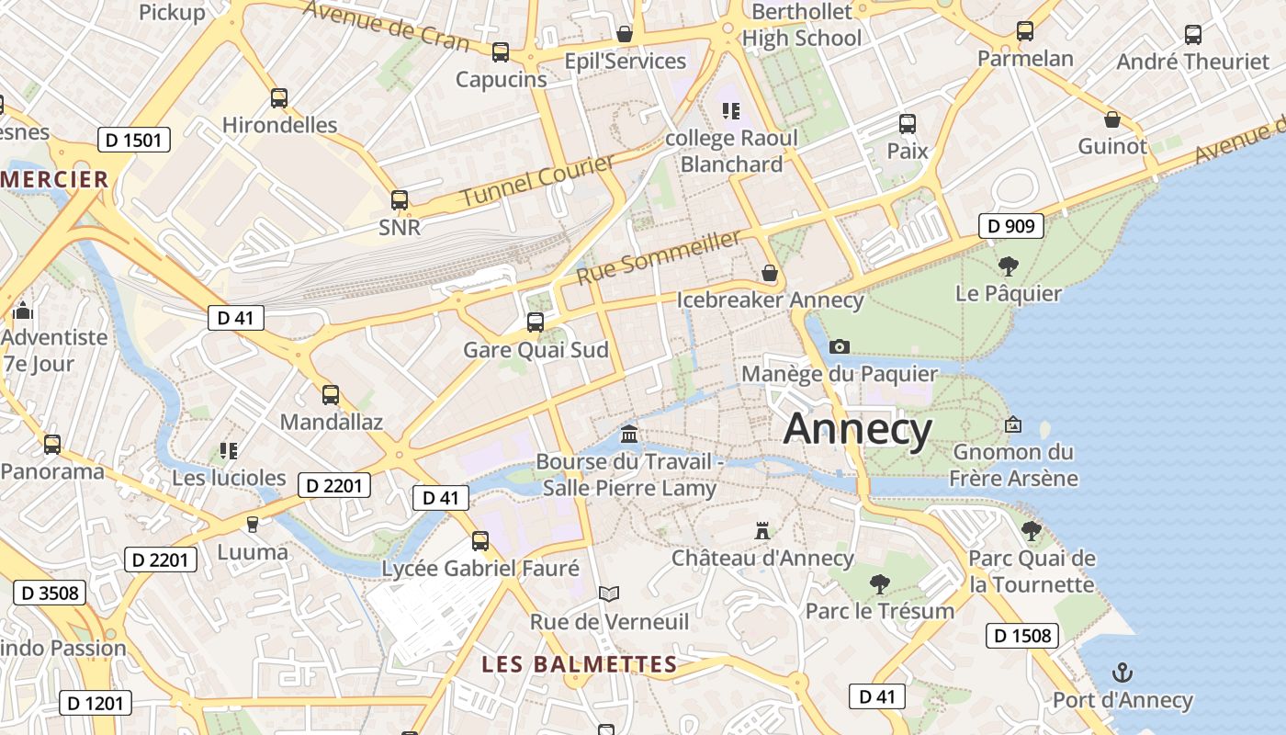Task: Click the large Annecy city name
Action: pos(858,429)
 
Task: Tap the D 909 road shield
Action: pos(1010,225)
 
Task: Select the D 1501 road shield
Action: pos(134,141)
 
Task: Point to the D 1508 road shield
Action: pos(1023,635)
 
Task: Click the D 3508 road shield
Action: pos(50,593)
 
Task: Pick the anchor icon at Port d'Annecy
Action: pos(1122,673)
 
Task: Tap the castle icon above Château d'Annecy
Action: pos(761,530)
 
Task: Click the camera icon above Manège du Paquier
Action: pos(839,346)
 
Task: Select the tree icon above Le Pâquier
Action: pos(1008,266)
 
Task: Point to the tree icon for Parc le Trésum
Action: pos(879,583)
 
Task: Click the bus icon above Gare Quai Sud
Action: pos(536,322)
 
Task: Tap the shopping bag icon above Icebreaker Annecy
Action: pos(770,273)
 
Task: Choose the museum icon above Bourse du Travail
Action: pos(629,434)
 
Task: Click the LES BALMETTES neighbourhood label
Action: pos(580,663)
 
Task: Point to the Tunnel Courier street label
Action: pos(537,181)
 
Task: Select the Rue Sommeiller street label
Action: pos(659,257)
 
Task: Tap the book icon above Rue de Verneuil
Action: pos(609,594)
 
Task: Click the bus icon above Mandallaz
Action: pos(331,395)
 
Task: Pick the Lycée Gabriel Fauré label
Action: pos(480,569)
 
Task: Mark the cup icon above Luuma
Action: pos(253,524)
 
